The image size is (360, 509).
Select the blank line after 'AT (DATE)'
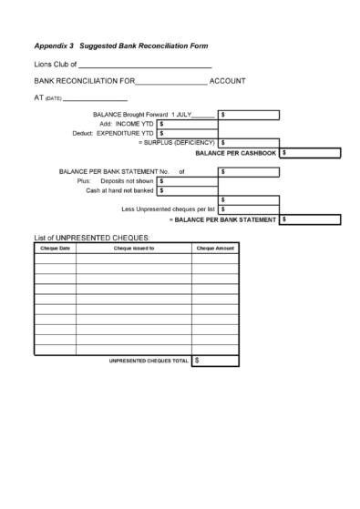point(95,98)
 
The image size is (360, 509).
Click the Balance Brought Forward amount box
point(249,115)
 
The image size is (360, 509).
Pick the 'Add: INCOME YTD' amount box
point(187,124)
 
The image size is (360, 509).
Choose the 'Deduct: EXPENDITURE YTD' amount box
point(187,133)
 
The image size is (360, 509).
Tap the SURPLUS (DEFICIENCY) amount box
point(249,143)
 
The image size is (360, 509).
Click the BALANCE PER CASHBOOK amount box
point(310,153)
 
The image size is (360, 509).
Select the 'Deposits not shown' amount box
point(187,181)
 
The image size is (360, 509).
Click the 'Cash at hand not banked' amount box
point(187,190)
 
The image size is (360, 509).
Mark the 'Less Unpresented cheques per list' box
point(249,209)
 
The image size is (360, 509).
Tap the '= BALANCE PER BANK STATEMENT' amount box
point(310,219)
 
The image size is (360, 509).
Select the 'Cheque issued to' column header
point(133,248)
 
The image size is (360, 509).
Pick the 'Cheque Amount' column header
point(215,248)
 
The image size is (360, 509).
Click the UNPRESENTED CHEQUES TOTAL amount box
point(215,361)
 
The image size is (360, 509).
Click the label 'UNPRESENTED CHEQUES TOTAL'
point(149,361)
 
